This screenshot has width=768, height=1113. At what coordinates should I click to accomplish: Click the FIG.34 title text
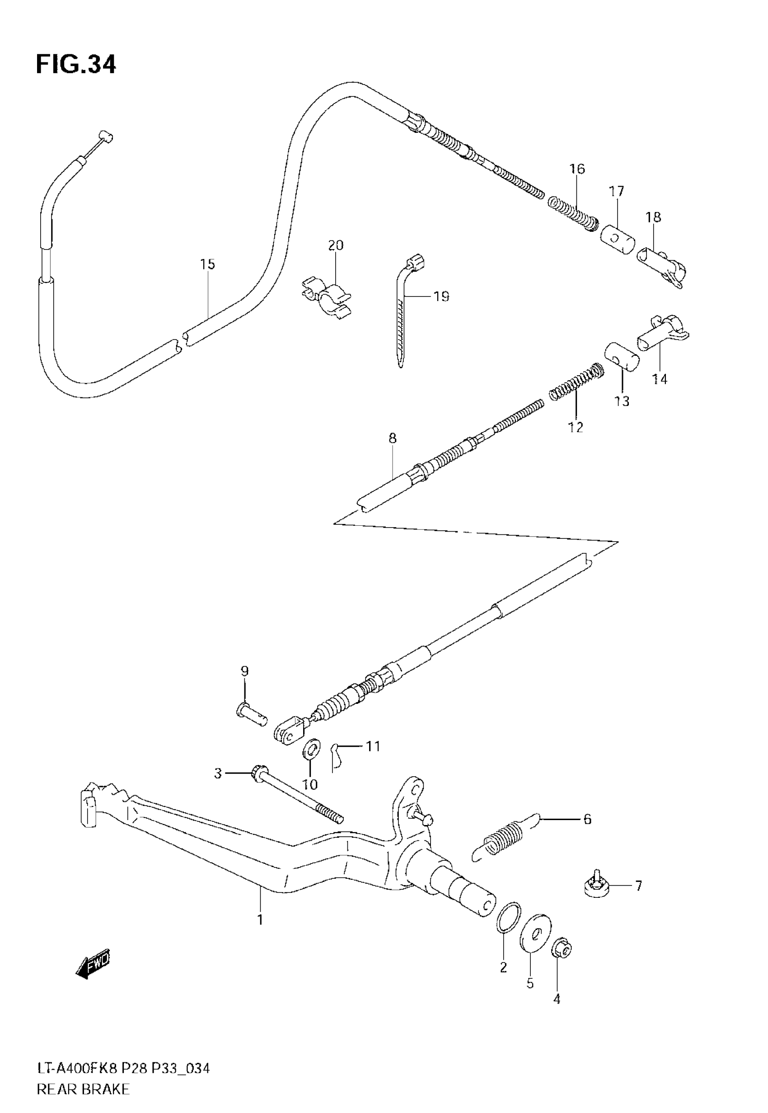point(76,65)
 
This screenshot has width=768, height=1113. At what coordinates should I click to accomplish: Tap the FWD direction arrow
point(93,962)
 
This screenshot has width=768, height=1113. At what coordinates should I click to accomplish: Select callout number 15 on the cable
point(207,264)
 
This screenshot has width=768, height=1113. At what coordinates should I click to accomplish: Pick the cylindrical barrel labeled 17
point(618,239)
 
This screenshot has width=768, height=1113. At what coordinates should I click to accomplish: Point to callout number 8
point(392,438)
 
